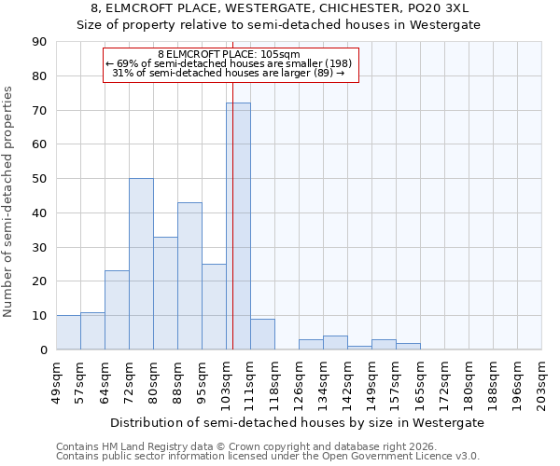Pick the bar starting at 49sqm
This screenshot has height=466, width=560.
pyautogui.click(x=68, y=333)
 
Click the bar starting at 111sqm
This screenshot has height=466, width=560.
pyautogui.click(x=262, y=335)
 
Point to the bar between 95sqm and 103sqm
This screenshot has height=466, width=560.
pyautogui.click(x=214, y=307)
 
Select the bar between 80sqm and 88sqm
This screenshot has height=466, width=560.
pyautogui.click(x=165, y=294)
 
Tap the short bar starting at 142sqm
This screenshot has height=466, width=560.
pyautogui.click(x=359, y=348)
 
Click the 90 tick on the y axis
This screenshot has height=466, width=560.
pyautogui.click(x=38, y=42)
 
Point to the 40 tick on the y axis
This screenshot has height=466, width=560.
pyautogui.click(x=38, y=213)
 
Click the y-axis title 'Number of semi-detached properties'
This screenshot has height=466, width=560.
pyautogui.click(x=9, y=201)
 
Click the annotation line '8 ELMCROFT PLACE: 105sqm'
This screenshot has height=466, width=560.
pyautogui.click(x=229, y=55)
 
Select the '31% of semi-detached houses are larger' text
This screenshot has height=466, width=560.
pyautogui.click(x=229, y=73)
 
